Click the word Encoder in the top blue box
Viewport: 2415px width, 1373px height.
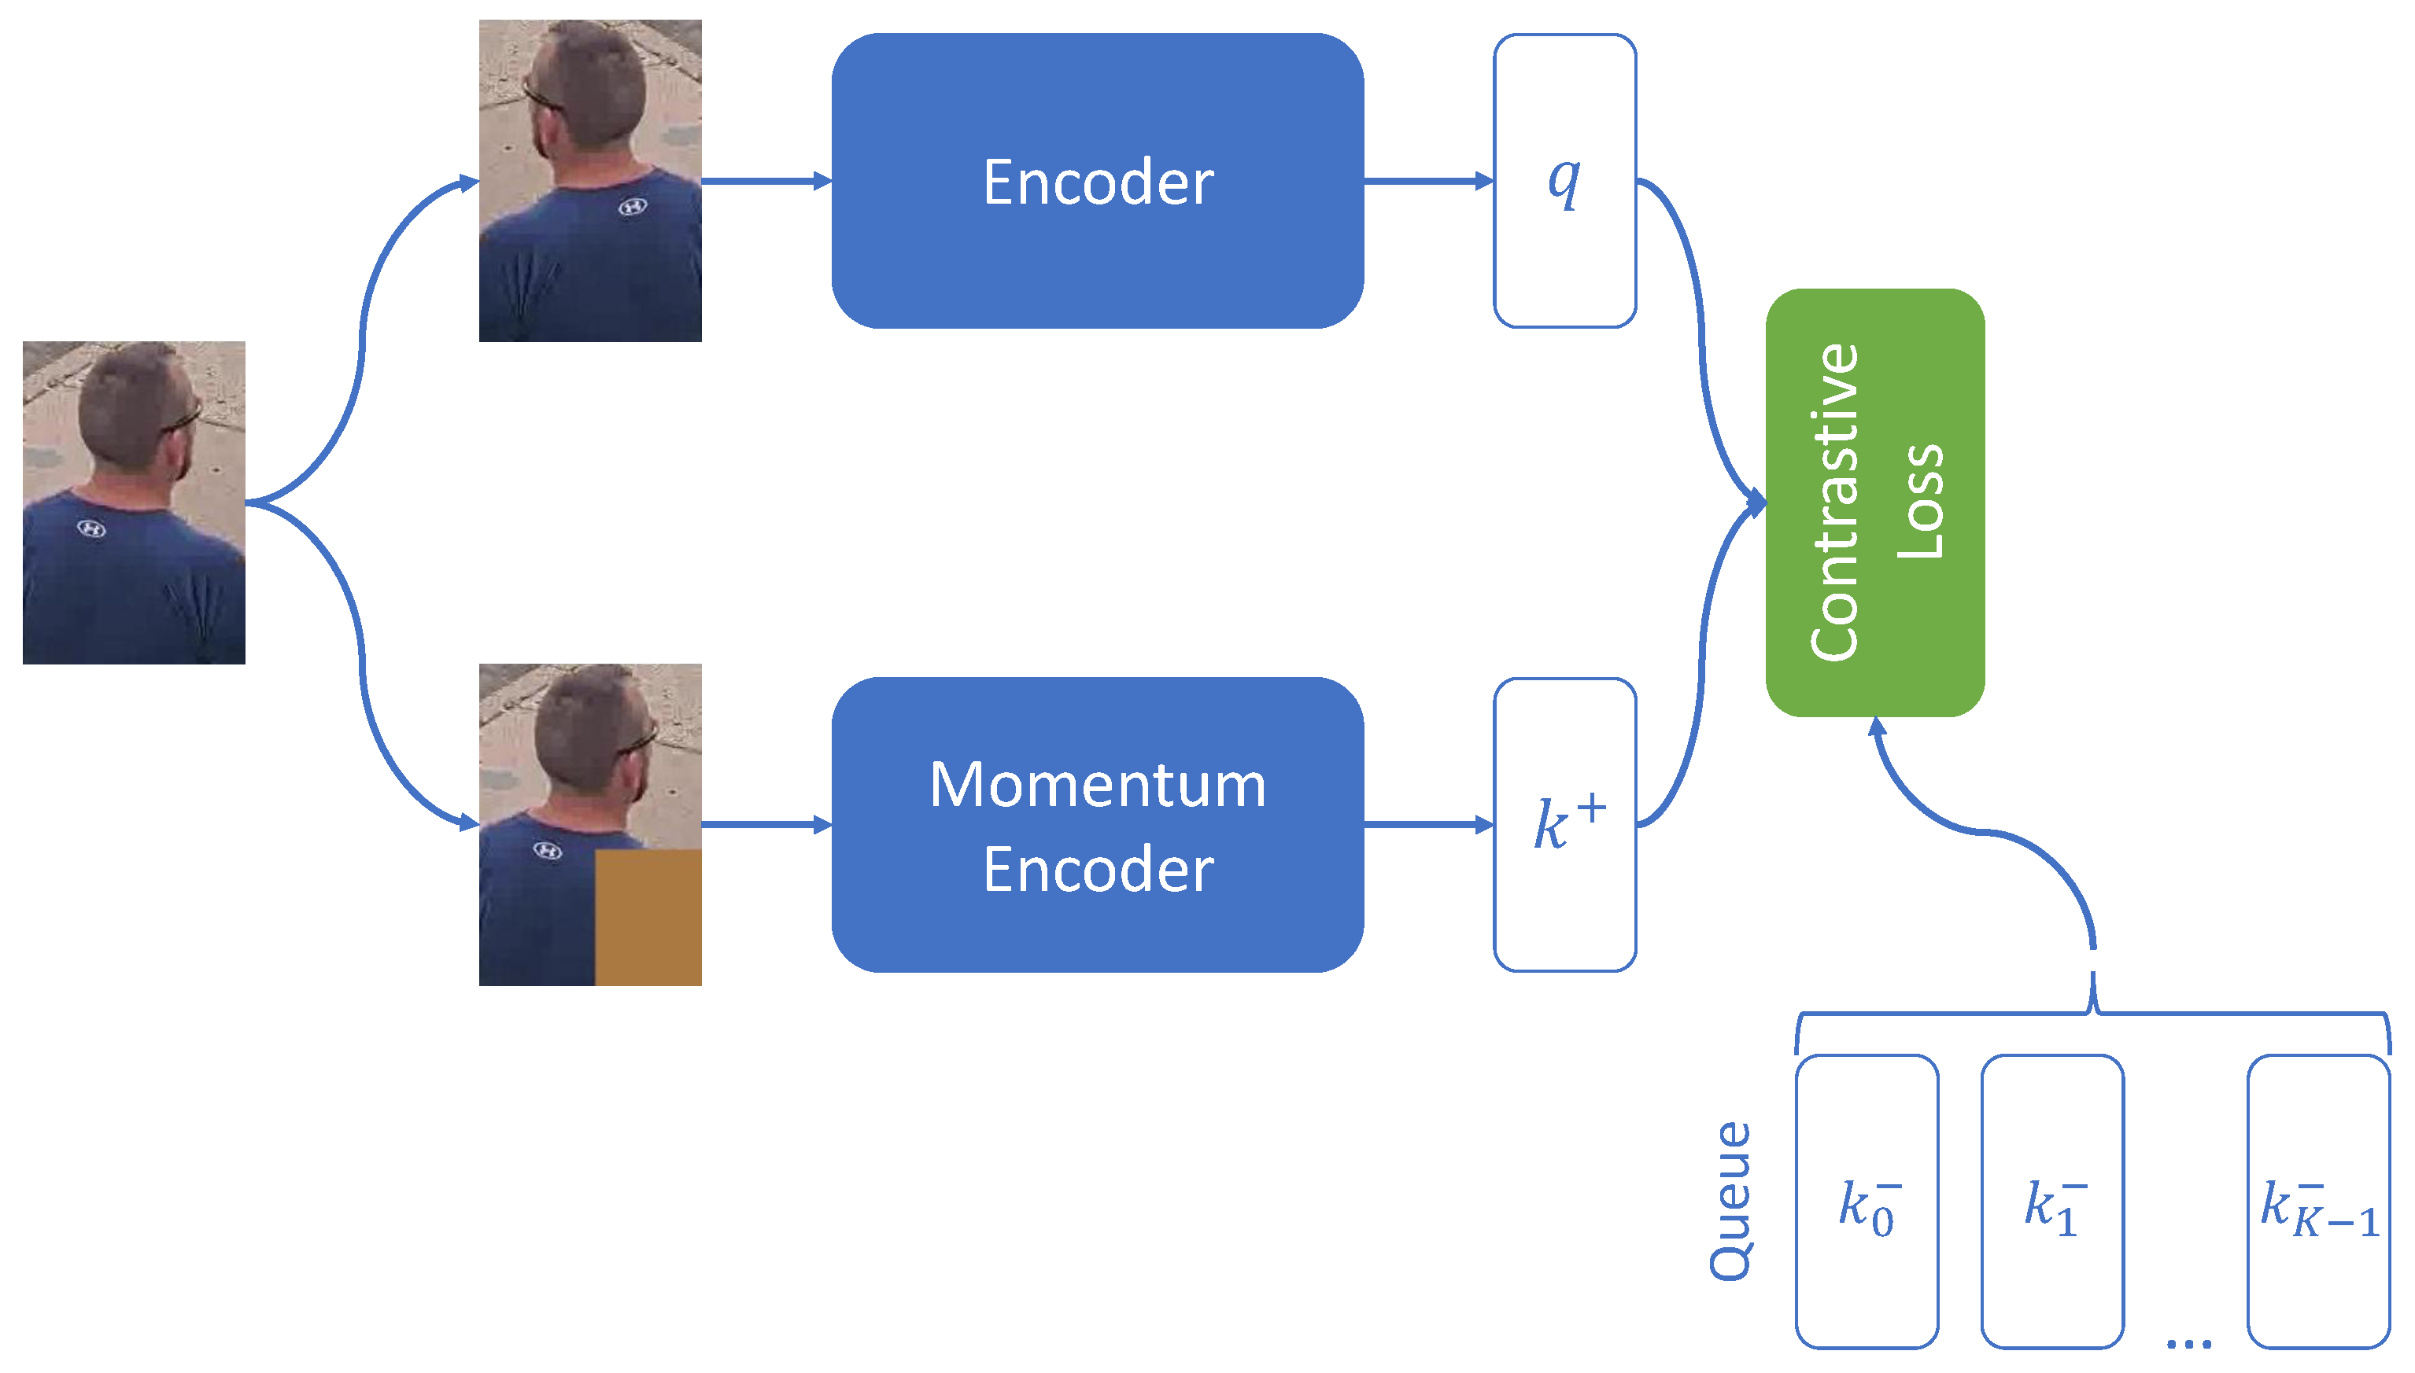click(x=1098, y=182)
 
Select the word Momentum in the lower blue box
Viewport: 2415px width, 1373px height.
click(x=1098, y=785)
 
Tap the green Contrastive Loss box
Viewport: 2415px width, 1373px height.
click(x=1875, y=502)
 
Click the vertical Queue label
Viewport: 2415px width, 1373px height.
click(x=1731, y=1202)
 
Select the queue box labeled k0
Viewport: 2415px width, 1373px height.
click(x=1867, y=1202)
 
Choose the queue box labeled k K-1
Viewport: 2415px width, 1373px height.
click(x=2319, y=1202)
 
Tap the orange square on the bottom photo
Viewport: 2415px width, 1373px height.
click(x=648, y=918)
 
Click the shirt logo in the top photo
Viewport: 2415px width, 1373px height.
click(x=632, y=207)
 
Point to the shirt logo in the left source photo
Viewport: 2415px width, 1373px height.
click(x=91, y=529)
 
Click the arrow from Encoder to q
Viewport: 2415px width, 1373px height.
click(x=1429, y=181)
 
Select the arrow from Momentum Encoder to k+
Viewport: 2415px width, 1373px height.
click(x=1429, y=825)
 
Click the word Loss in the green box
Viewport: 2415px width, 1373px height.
click(x=1921, y=502)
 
